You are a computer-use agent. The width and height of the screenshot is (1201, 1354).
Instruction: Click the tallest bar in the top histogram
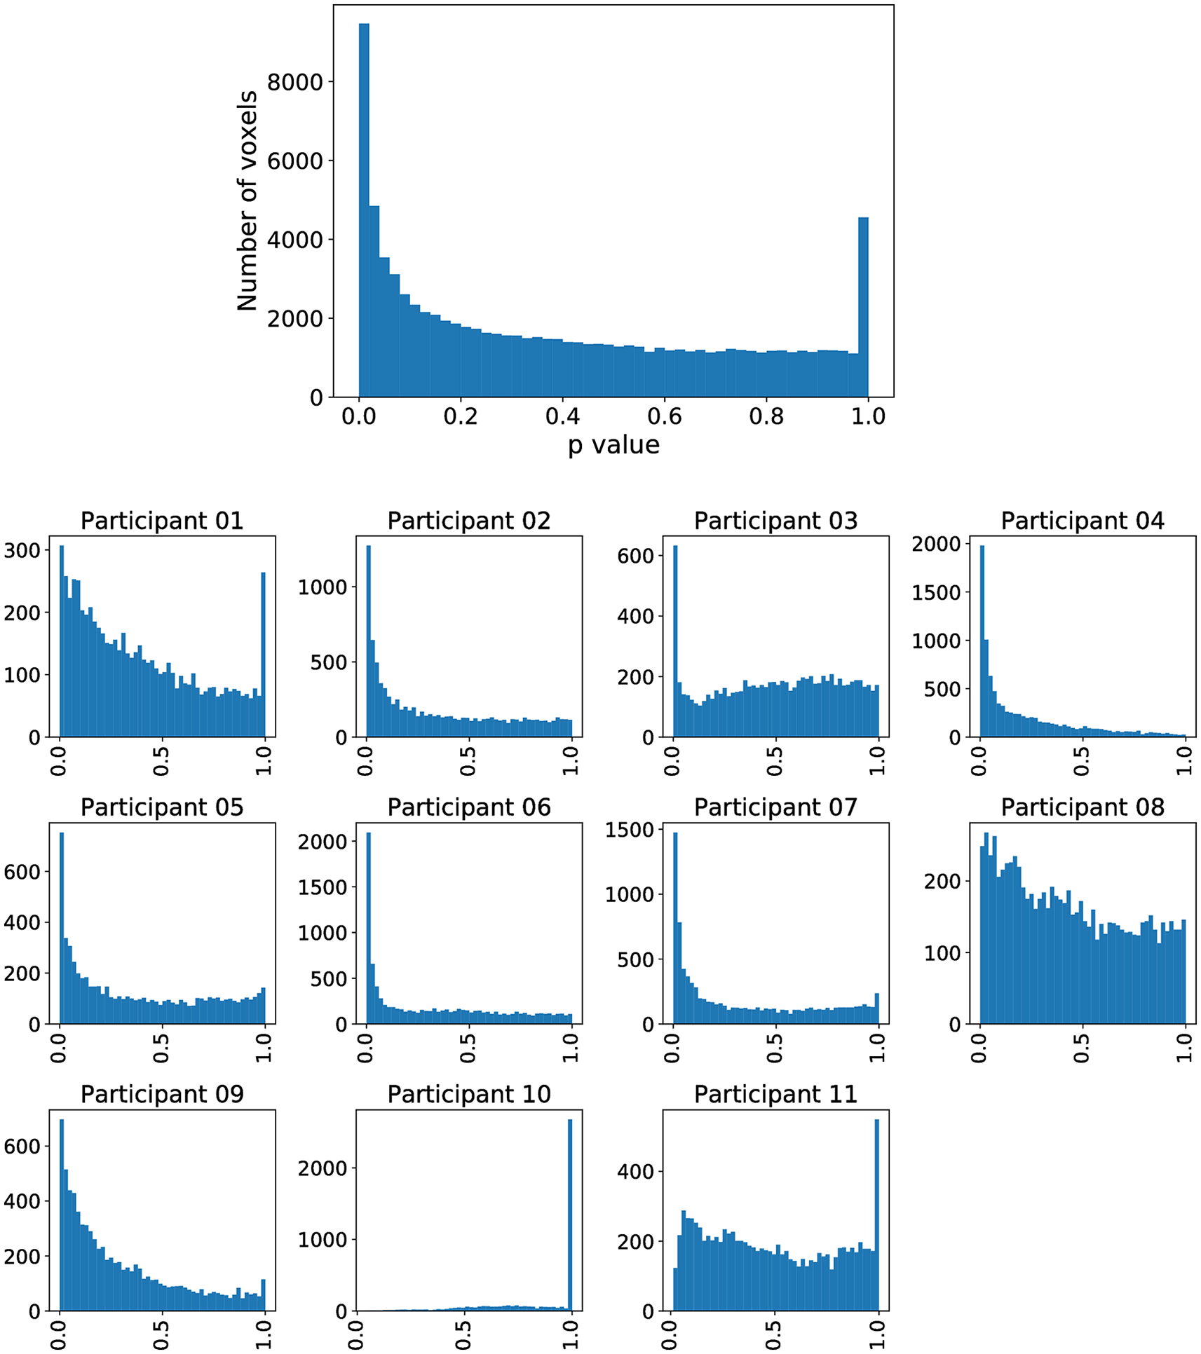point(364,210)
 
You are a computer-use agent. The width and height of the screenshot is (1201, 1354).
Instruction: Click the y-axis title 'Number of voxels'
point(247,200)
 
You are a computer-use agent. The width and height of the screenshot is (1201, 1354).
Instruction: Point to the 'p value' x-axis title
point(613,445)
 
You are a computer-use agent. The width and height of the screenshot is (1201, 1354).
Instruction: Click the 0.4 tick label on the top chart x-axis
point(562,416)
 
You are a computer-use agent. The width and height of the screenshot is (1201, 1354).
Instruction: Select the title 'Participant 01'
point(162,521)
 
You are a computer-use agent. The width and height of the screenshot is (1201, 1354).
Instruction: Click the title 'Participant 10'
point(469,1094)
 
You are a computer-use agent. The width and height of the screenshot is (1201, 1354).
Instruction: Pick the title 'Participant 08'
point(1083,807)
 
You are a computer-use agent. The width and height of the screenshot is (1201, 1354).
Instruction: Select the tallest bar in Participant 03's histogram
point(675,641)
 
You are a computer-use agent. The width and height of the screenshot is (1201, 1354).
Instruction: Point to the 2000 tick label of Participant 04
point(936,544)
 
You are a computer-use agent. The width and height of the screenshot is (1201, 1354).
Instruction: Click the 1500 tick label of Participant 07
point(629,830)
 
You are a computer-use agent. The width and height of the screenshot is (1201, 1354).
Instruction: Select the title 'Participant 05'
point(162,807)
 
